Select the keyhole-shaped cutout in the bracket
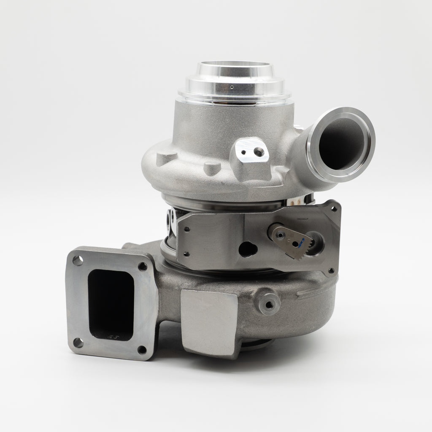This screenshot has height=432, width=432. [248, 249]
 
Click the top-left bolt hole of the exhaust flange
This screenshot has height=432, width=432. [78, 260]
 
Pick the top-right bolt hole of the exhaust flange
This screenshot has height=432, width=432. [143, 266]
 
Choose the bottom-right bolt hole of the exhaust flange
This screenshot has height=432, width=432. [142, 350]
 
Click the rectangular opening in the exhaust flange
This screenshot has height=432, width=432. [111, 304]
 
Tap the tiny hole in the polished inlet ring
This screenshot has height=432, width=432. [232, 87]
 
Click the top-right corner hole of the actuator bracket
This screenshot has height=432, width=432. [334, 208]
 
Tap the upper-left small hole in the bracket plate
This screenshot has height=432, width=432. [186, 229]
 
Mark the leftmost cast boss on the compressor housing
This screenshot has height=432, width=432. [167, 159]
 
